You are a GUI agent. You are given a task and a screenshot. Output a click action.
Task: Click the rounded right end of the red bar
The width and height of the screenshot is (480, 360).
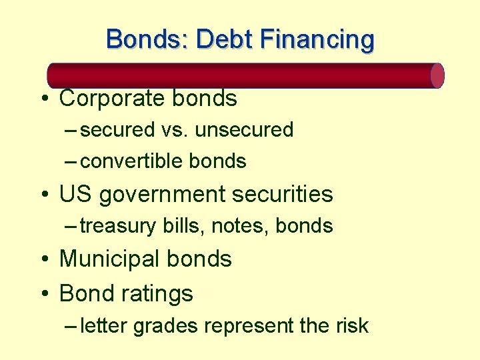[x=437, y=75]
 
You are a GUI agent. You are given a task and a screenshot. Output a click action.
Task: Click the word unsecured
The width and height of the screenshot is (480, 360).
[x=244, y=130]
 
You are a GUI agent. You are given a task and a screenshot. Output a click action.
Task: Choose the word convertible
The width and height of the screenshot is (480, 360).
[x=131, y=161]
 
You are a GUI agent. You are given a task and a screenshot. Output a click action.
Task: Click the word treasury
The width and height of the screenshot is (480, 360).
[x=119, y=227]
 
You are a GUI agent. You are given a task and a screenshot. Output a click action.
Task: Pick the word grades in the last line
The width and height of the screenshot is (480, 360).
[x=167, y=326]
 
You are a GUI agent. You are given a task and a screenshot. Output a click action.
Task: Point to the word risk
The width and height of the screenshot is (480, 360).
[x=351, y=325]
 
